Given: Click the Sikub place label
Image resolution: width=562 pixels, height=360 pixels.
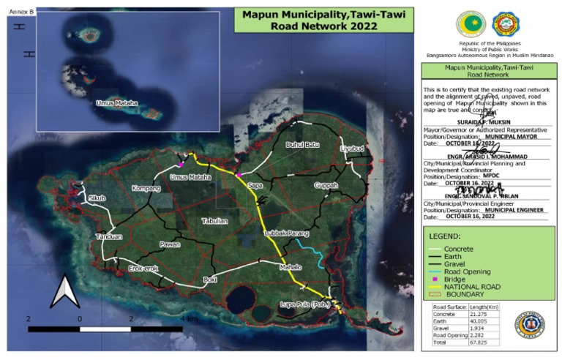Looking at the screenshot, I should click(x=97, y=198).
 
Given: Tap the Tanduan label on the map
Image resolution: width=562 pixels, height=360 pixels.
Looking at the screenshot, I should click(x=108, y=237).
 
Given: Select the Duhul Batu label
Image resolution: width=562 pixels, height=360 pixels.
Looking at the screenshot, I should click(x=302, y=145).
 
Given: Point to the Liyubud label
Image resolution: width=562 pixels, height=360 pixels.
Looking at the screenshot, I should click(x=352, y=149).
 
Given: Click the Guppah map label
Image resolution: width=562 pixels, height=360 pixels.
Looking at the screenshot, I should click(x=326, y=186).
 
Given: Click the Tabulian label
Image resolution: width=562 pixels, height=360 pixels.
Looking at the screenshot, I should click(x=214, y=220).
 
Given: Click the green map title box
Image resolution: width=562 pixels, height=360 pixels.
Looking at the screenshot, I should click(x=323, y=20).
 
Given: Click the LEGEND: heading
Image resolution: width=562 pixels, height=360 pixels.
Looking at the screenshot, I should click(x=445, y=237).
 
